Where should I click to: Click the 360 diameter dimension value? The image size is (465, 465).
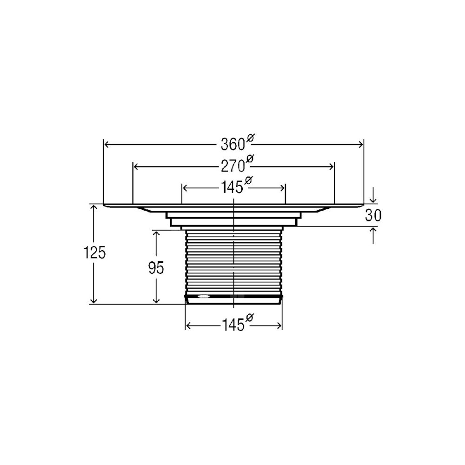click(x=233, y=145)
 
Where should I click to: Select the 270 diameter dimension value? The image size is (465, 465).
click(x=233, y=166)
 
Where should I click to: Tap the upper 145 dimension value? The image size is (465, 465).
click(x=232, y=188)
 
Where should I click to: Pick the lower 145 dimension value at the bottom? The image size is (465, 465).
click(x=233, y=325)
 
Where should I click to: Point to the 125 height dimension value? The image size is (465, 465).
click(x=94, y=253)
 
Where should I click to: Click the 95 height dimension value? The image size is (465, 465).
click(x=156, y=268)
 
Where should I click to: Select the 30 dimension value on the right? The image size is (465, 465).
click(x=373, y=216)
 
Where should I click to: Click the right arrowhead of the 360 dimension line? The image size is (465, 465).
click(x=360, y=145)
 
